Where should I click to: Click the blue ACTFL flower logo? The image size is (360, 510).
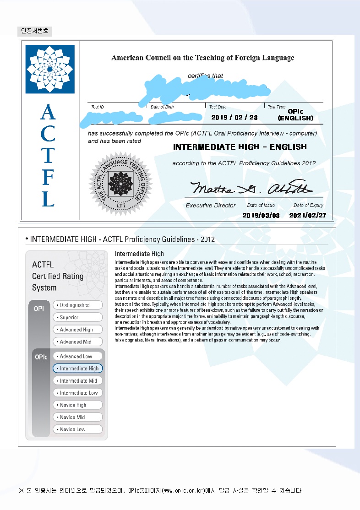click(x=50, y=69)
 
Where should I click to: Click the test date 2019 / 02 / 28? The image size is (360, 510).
click(x=235, y=118)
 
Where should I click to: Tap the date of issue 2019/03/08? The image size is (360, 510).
click(x=261, y=215)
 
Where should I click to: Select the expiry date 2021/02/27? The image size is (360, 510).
click(x=308, y=215)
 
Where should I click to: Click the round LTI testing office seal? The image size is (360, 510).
click(x=120, y=183)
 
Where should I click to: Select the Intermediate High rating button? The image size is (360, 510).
click(x=78, y=369)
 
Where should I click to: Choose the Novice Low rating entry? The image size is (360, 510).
click(x=78, y=429)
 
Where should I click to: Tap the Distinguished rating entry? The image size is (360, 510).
click(x=78, y=305)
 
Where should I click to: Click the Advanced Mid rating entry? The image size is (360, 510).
click(x=78, y=342)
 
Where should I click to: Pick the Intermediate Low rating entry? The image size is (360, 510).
click(x=78, y=393)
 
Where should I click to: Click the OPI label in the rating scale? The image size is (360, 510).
click(x=39, y=309)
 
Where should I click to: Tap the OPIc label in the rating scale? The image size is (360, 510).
click(x=41, y=357)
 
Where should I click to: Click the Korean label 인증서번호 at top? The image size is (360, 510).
click(x=35, y=31)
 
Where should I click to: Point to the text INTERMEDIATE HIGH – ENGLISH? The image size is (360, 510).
click(x=240, y=147)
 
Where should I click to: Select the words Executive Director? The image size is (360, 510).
click(x=210, y=206)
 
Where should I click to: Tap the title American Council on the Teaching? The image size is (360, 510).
click(x=202, y=58)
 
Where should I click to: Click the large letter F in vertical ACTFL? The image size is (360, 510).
click(x=48, y=177)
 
